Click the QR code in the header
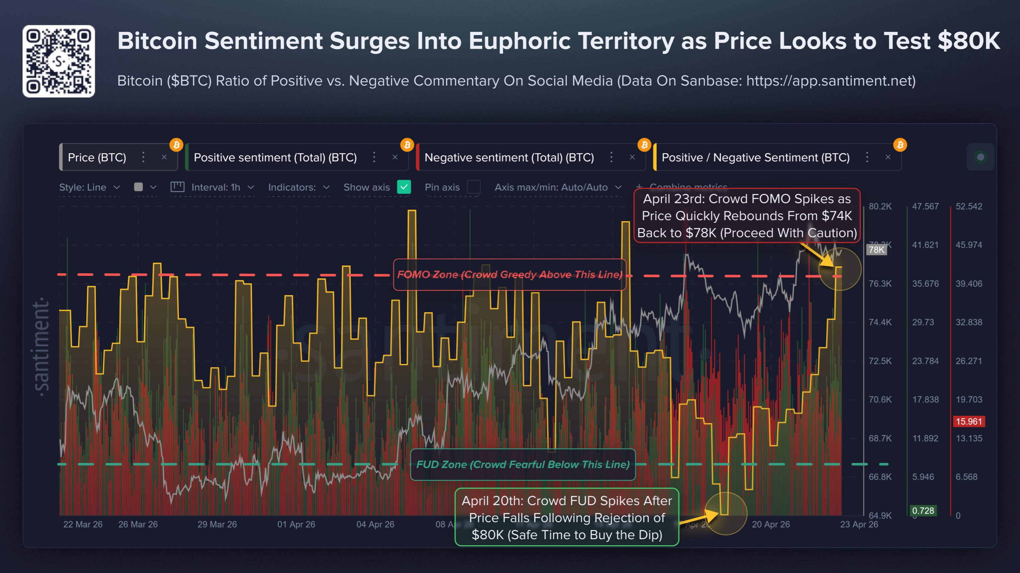coord(59,61)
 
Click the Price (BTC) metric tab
coord(97,158)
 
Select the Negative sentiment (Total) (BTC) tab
coord(509,158)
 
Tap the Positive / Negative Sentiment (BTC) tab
coord(756,158)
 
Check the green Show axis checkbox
coord(403,187)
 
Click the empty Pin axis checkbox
coord(474,187)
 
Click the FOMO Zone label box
coord(509,275)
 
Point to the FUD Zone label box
coord(523,465)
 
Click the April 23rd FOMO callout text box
coord(747,216)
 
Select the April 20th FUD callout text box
coord(567,518)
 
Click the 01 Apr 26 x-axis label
coord(296,524)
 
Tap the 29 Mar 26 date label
coord(217,524)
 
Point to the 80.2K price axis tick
coord(880,207)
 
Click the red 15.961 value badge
coord(969,421)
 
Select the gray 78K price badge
coord(876,250)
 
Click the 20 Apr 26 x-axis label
coord(771,524)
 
